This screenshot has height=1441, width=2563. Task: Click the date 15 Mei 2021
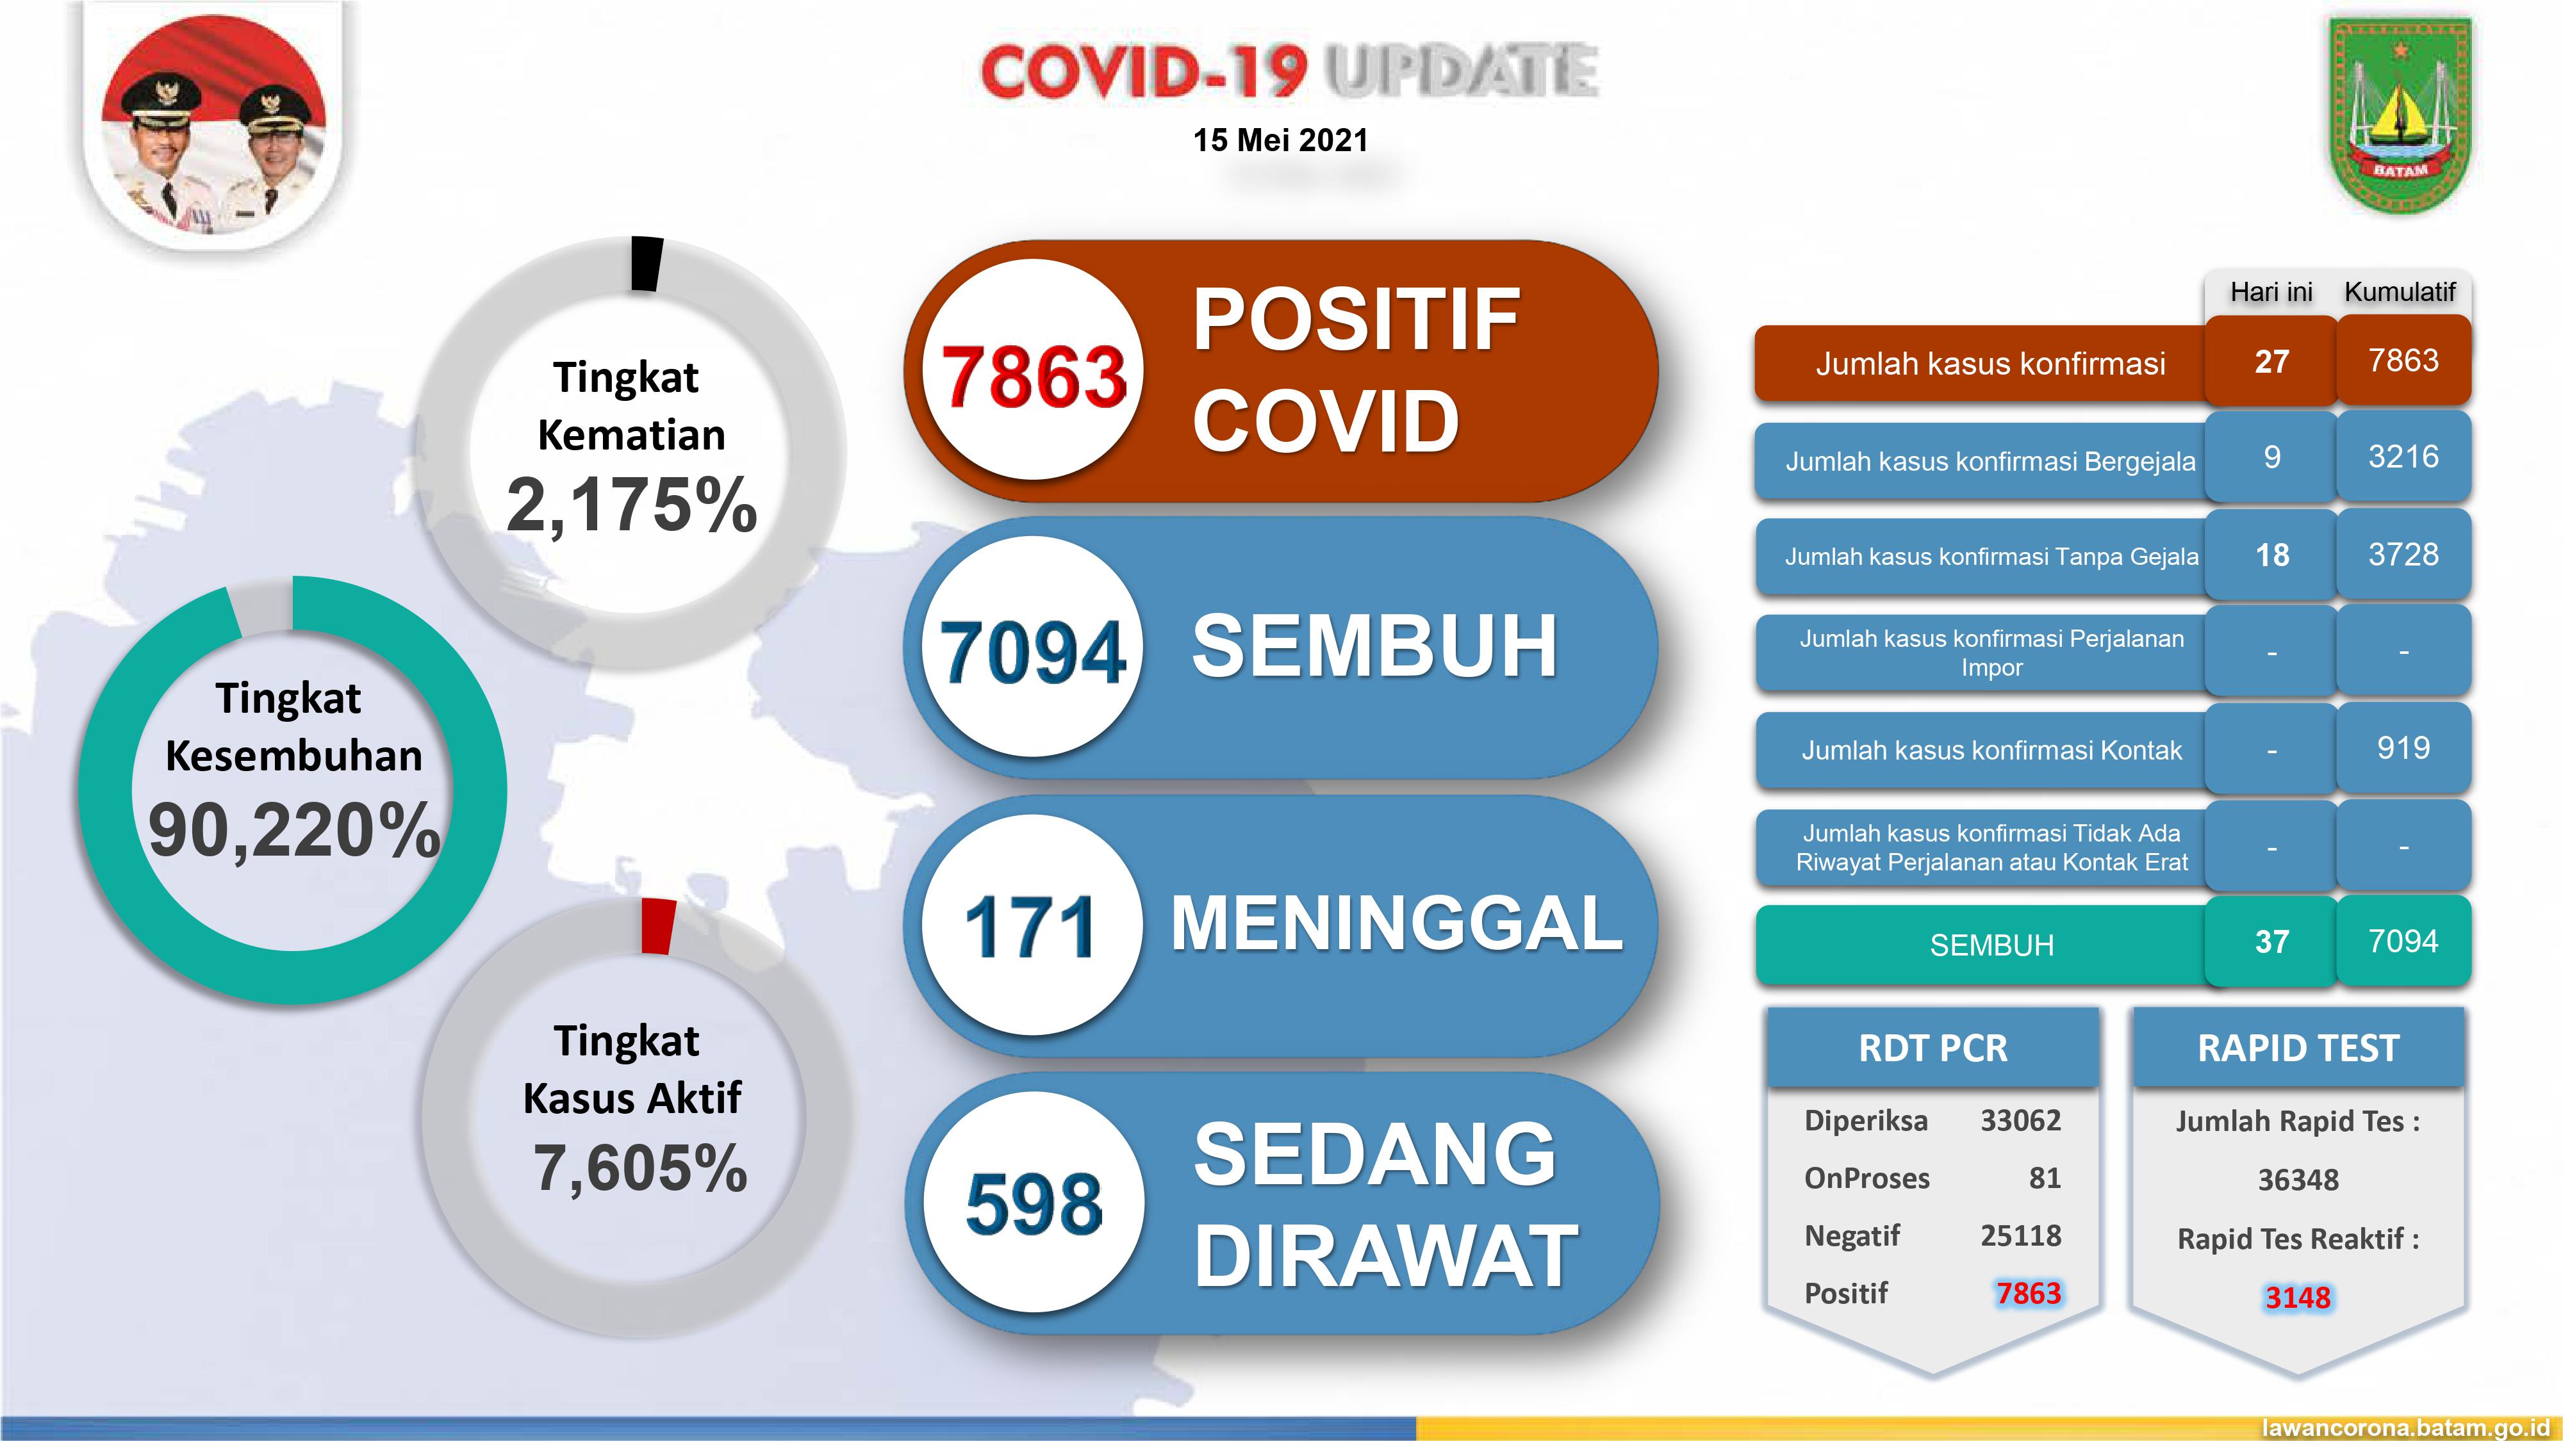click(1280, 140)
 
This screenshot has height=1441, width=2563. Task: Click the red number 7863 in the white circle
click(1033, 377)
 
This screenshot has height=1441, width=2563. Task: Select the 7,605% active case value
click(639, 1168)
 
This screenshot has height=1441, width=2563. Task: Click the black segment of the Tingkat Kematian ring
click(647, 263)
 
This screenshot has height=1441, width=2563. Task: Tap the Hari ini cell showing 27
click(2271, 361)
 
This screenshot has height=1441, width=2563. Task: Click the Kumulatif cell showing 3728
click(2403, 554)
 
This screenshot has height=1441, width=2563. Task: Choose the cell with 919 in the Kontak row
click(2403, 748)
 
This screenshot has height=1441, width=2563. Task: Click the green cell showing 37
click(2271, 941)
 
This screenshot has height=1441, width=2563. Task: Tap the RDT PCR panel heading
click(1933, 1048)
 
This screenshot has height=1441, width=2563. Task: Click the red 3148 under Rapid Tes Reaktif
click(2297, 1298)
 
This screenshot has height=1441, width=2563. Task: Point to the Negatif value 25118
click(2020, 1235)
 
